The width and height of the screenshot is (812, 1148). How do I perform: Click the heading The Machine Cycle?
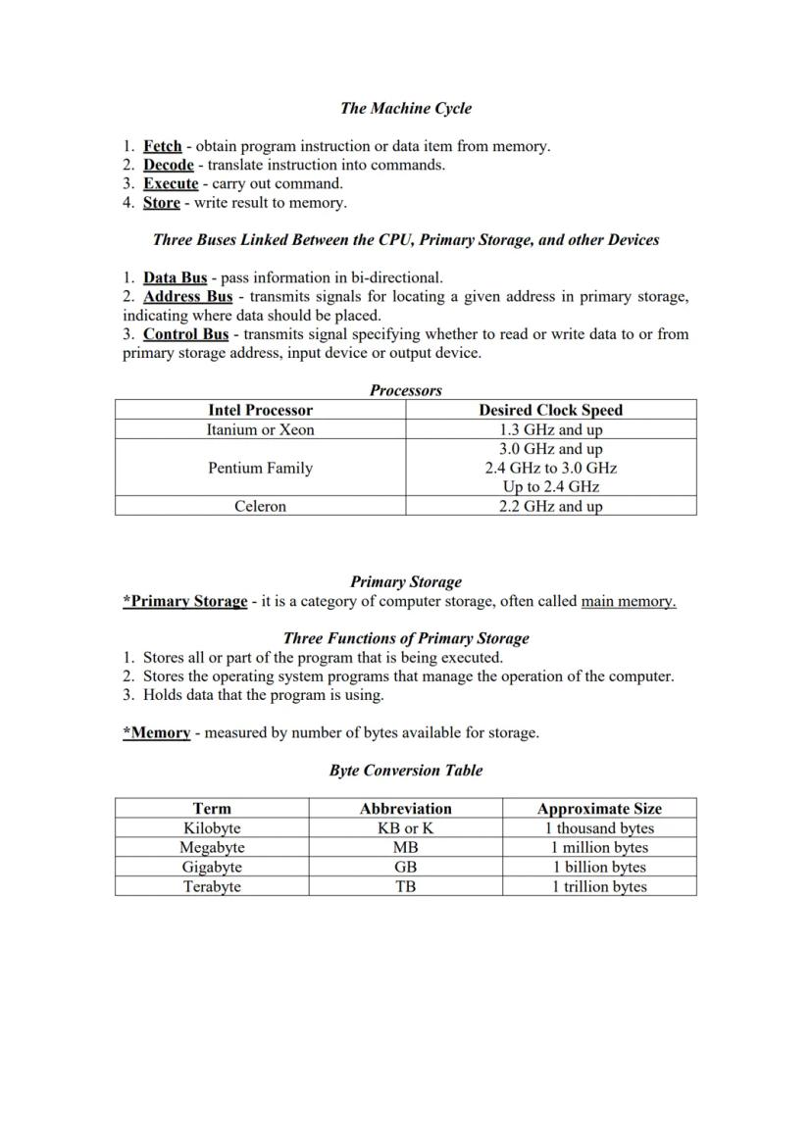coord(405,108)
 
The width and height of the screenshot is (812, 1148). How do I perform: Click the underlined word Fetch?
coord(162,146)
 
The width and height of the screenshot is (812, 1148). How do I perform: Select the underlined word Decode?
coord(168,165)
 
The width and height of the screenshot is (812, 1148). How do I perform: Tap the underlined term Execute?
coord(170,183)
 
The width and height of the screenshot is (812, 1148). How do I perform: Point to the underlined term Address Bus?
coord(187,296)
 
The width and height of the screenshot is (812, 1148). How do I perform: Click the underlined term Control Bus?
coord(185,333)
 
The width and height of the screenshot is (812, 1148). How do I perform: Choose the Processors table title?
coord(405,390)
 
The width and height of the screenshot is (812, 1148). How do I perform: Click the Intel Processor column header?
coord(260,410)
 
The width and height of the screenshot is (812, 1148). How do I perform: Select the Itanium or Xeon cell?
coord(260,429)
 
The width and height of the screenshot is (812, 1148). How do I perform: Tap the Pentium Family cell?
coord(260,468)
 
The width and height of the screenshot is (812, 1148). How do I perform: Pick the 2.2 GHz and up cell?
coord(550,506)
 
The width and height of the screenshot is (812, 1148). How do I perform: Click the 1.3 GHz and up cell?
coord(550,429)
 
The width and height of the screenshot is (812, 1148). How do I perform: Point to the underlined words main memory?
coord(628,601)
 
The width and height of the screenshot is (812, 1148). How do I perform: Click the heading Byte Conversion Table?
coord(405,771)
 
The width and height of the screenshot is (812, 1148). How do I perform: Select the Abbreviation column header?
coord(405,809)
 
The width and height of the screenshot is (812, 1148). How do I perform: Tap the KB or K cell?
coord(405,827)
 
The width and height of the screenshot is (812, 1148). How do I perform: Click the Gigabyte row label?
coord(212,867)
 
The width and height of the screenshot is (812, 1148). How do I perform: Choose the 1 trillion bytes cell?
coord(598,886)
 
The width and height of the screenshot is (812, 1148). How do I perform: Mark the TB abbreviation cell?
coord(405,886)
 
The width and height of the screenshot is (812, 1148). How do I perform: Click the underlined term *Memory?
coord(156,732)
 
